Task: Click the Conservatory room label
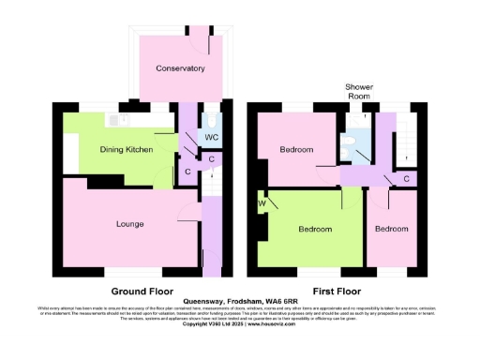pyautogui.click(x=181, y=68)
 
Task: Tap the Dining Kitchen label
pyautogui.click(x=127, y=148)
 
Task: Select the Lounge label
pyautogui.click(x=129, y=224)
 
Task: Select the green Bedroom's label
pyautogui.click(x=315, y=229)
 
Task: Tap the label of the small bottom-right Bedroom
pyautogui.click(x=392, y=229)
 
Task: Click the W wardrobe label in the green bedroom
pyautogui.click(x=262, y=203)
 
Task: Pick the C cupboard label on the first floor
pyautogui.click(x=406, y=178)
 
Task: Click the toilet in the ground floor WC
pyautogui.click(x=213, y=123)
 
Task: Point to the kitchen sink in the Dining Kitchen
pyautogui.click(x=116, y=120)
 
